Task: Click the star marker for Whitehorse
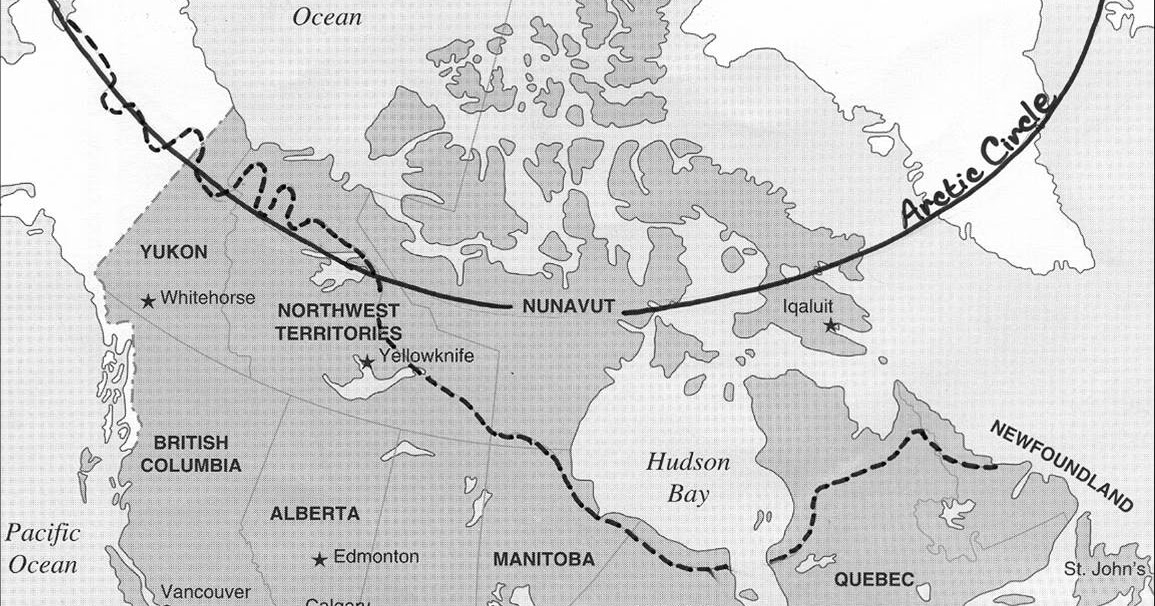(148, 300)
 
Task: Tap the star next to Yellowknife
(368, 361)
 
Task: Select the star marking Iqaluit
(829, 326)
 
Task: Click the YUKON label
(174, 252)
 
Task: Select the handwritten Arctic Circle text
(979, 161)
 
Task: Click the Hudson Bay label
(688, 478)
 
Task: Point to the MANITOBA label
(544, 559)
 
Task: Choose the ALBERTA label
(315, 514)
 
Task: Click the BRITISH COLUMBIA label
(191, 453)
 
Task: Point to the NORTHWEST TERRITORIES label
(338, 321)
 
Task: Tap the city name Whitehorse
(208, 298)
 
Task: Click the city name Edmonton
(377, 557)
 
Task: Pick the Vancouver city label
(206, 590)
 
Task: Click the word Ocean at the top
(328, 16)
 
